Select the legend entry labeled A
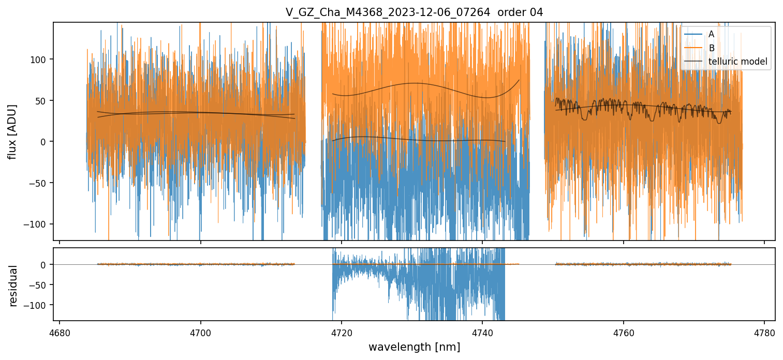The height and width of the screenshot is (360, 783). click(x=711, y=34)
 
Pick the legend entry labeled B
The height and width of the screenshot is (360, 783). click(x=711, y=48)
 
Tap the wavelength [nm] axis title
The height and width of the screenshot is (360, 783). click(x=414, y=347)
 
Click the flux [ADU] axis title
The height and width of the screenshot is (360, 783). click(x=12, y=131)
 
